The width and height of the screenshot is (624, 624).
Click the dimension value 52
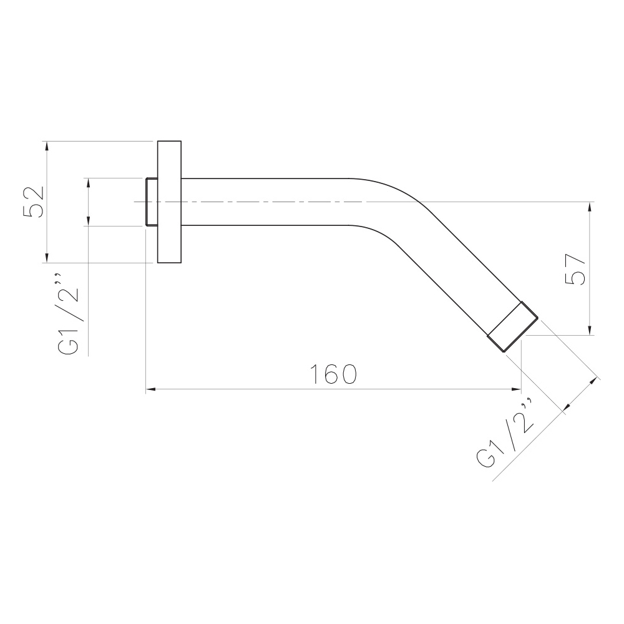click(34, 201)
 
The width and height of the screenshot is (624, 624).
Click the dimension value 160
click(333, 374)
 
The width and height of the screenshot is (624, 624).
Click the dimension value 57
click(575, 269)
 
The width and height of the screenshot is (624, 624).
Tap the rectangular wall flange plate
click(169, 202)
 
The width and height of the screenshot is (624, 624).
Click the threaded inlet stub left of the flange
click(152, 202)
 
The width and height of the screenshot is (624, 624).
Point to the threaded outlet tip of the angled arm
click(513, 327)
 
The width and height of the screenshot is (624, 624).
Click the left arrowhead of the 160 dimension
click(151, 389)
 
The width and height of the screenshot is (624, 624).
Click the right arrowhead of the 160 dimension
click(516, 389)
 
